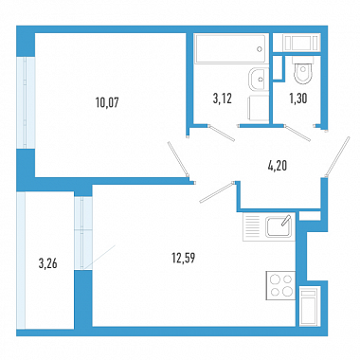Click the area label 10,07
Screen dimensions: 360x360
tap(107, 102)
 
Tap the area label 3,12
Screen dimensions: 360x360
tap(223, 99)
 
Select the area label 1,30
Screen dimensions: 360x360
tap(298, 99)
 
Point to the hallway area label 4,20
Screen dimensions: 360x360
tap(278, 166)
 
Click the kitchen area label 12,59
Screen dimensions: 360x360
tap(184, 258)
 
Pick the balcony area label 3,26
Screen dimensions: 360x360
tap(48, 263)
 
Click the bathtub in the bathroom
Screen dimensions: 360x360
tap(230, 48)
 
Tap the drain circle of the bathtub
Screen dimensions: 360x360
tap(260, 49)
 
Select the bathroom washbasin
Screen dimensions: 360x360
tap(259, 79)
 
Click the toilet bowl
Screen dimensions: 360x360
tap(303, 74)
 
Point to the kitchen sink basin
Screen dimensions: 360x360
tap(279, 227)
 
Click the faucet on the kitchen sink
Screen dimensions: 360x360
tap(286, 220)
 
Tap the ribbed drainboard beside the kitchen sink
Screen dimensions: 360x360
tap(251, 226)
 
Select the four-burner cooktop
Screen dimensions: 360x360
tap(281, 285)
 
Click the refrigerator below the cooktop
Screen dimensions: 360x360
tap(310, 306)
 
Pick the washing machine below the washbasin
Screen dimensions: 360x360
tap(259, 108)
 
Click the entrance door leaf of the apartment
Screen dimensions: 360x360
tap(337, 156)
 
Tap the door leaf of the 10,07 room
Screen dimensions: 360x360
tap(178, 159)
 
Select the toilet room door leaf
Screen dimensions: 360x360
tap(297, 133)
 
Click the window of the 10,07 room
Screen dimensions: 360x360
tap(26, 102)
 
